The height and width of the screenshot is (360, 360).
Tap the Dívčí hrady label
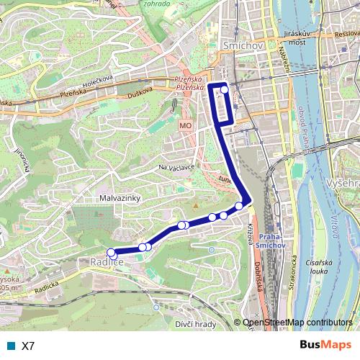tap(195, 324)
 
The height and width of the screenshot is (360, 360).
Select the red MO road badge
tap(186, 125)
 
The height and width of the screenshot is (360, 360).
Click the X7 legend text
tap(28, 346)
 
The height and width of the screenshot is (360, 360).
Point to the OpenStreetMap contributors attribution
tap(297, 323)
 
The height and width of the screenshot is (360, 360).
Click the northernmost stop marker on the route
tap(225, 89)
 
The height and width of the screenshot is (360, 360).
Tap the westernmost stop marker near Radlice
tap(111, 252)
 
